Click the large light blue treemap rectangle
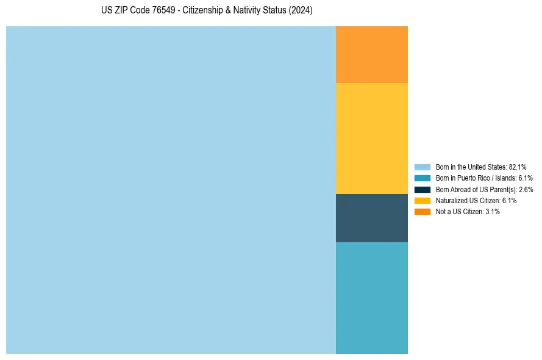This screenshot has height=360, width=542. pos(171,190)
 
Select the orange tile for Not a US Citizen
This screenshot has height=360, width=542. pos(371,54)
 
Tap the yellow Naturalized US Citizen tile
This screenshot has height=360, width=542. pos(371,138)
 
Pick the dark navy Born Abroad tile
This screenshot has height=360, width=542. pos(371,218)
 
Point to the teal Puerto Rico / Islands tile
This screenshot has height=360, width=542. pos(371,298)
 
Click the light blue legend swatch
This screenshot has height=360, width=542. pos(422,167)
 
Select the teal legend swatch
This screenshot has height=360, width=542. pos(422,178)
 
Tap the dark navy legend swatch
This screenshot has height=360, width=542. pos(422,189)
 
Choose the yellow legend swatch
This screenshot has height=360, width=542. pos(422,200)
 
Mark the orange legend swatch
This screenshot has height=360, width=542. pos(422,212)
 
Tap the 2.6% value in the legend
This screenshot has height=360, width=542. pos(526,189)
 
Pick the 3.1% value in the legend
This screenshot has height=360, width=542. pos(493,212)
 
